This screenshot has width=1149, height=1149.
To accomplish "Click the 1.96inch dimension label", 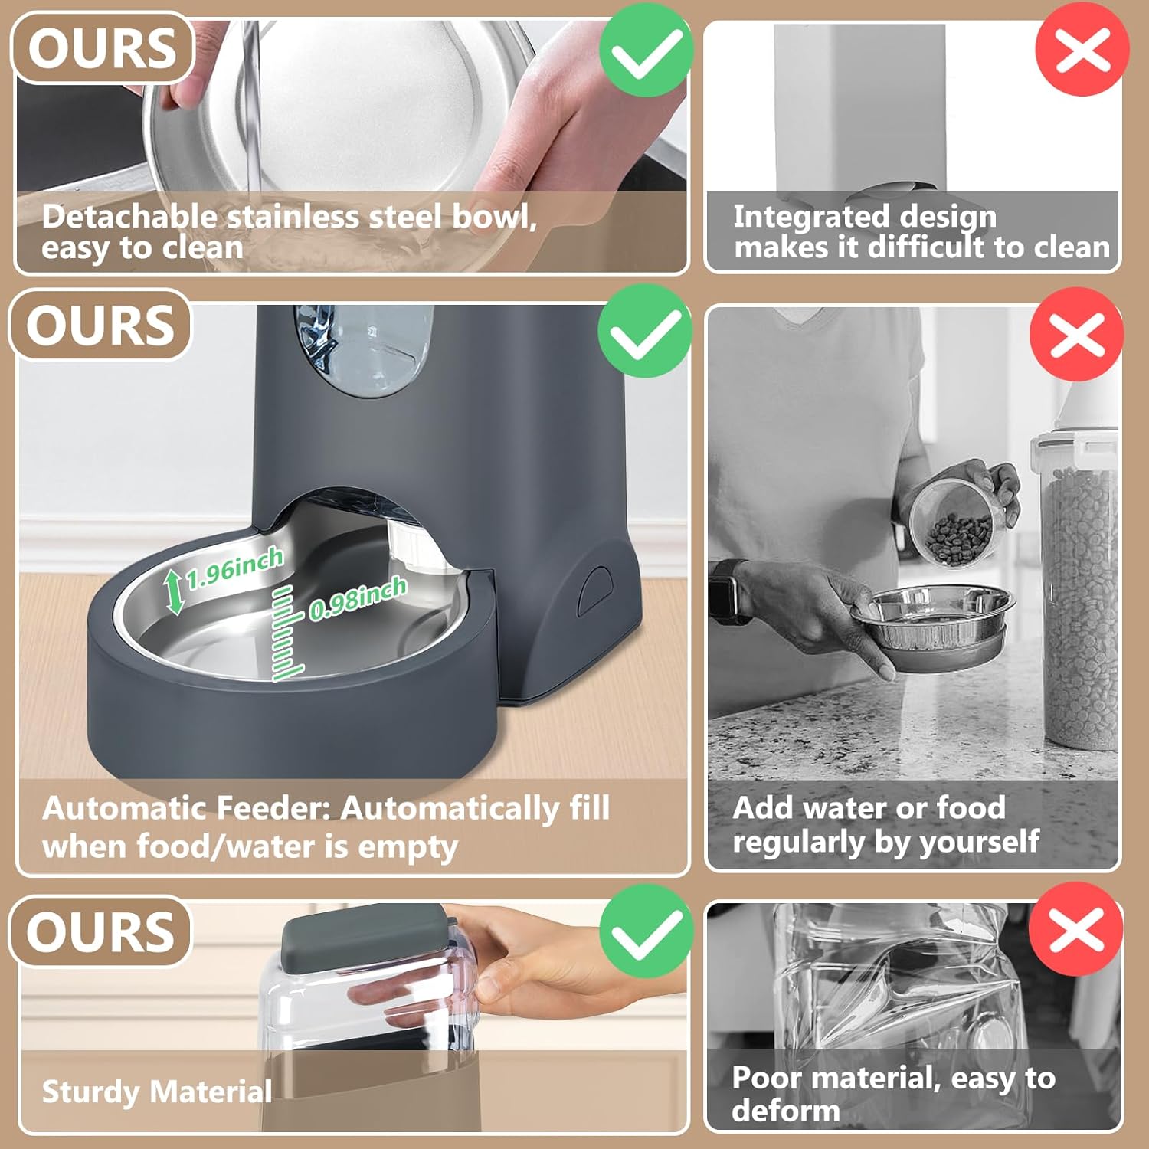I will tap(234, 568).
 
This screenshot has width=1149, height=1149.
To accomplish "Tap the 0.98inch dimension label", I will tap(357, 598).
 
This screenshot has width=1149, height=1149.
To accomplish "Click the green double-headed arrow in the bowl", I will tap(175, 592).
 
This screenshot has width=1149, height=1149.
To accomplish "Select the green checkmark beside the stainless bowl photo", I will tap(646, 51).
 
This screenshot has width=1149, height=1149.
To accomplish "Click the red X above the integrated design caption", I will tap(1082, 51).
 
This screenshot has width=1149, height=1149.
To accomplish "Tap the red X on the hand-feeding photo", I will tap(1076, 335).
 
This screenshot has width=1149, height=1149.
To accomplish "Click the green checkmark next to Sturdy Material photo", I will tap(646, 931).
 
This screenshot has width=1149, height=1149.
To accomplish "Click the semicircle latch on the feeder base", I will tap(594, 591).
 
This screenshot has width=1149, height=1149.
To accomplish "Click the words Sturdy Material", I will tap(156, 1091).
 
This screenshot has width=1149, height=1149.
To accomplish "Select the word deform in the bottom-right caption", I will tap(785, 1110).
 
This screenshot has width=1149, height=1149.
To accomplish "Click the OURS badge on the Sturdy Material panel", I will tap(100, 931).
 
